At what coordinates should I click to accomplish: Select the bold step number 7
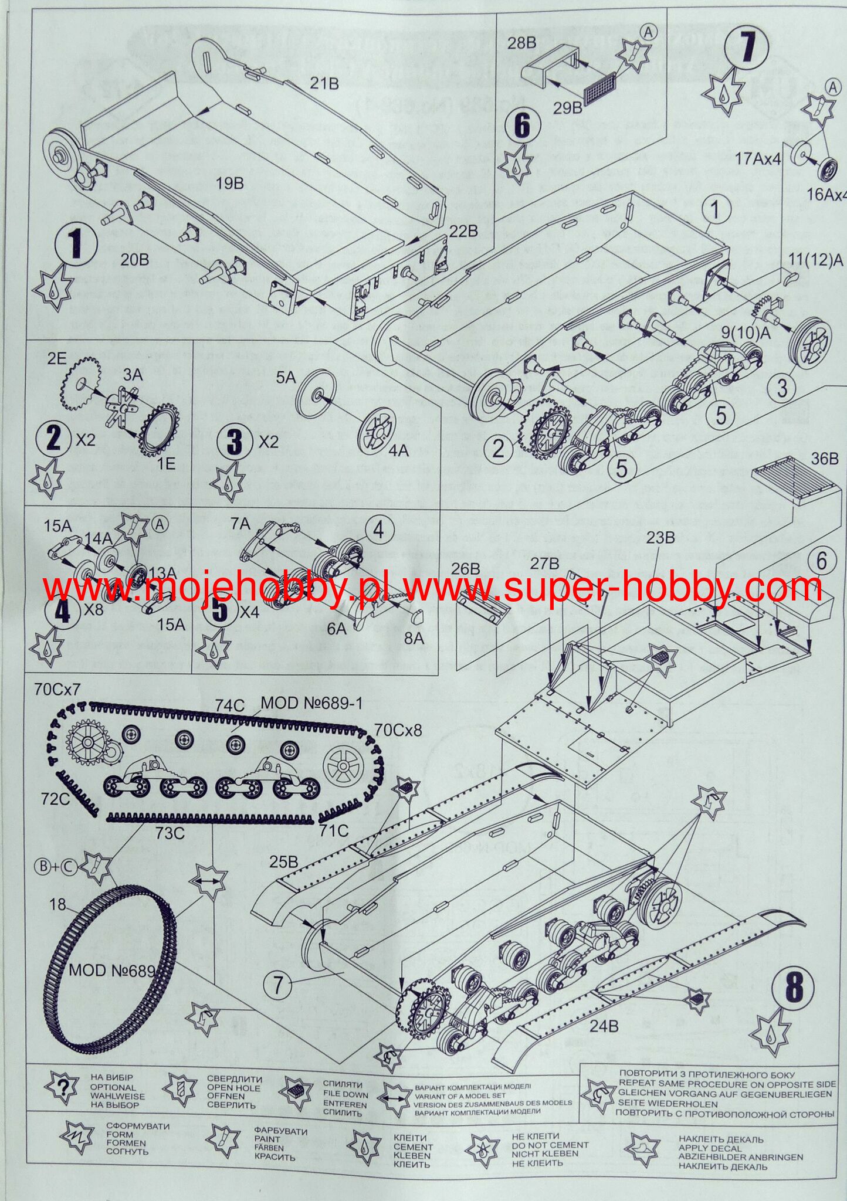747,47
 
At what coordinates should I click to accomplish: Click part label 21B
324,84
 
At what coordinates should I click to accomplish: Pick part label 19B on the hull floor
229,184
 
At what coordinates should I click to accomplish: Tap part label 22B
463,230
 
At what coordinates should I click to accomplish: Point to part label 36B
825,459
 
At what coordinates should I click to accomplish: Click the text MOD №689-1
311,703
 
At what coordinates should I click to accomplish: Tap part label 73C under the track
171,833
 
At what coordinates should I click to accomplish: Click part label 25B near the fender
283,862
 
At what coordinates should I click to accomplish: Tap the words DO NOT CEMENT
550,1145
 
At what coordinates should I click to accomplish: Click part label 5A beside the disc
286,378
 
